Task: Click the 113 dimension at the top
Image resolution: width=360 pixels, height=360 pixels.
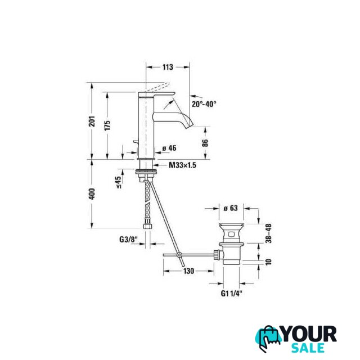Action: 168,67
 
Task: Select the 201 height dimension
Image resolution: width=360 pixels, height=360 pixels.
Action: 92,121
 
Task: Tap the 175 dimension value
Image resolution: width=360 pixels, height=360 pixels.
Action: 107,125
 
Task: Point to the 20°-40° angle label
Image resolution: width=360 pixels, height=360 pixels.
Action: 204,104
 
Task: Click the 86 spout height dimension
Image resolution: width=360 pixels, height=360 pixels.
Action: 205,143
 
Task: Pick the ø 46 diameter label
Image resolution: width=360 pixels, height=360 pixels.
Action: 169,148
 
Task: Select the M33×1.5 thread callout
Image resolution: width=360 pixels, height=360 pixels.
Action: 182,165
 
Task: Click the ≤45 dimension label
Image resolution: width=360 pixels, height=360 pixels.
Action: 119,182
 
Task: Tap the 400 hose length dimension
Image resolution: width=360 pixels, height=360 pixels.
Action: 92,194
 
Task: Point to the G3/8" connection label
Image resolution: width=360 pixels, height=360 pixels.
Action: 128,240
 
